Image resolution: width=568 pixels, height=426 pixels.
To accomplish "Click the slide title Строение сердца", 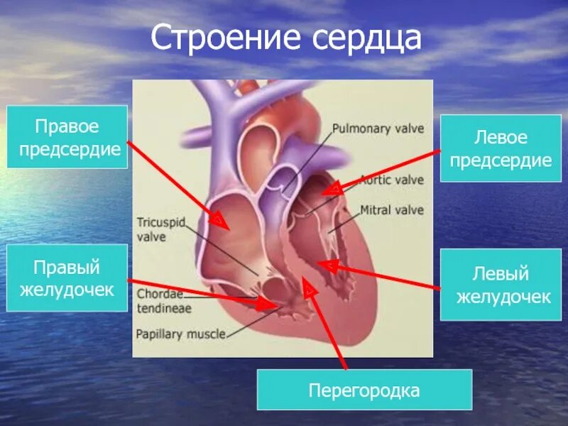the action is click(x=286, y=38).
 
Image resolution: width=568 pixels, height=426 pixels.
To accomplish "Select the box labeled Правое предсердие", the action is click(x=67, y=137).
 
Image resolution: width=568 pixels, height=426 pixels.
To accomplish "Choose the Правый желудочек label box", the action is click(x=67, y=278).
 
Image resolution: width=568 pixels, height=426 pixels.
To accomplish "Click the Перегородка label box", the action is click(x=364, y=390).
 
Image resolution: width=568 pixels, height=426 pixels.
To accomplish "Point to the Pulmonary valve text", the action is click(x=378, y=129).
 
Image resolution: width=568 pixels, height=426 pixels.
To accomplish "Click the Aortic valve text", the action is click(x=391, y=180).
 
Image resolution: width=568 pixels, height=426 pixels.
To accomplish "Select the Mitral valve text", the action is click(x=392, y=210).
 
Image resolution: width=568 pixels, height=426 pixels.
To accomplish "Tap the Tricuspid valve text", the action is click(x=160, y=229).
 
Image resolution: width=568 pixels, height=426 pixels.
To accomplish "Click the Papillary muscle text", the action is click(x=180, y=333).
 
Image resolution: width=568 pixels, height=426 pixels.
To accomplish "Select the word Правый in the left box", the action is click(x=67, y=268).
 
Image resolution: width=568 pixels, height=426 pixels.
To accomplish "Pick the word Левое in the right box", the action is click(x=501, y=138).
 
